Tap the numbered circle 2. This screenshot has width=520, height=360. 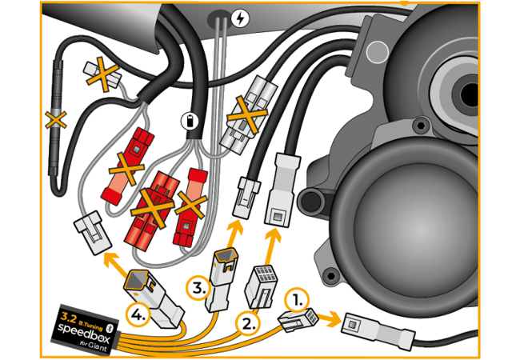(248, 322)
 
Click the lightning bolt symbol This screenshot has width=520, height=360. (239, 16)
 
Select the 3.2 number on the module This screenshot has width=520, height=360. (67, 318)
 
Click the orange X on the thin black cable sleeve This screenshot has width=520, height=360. (54, 121)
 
